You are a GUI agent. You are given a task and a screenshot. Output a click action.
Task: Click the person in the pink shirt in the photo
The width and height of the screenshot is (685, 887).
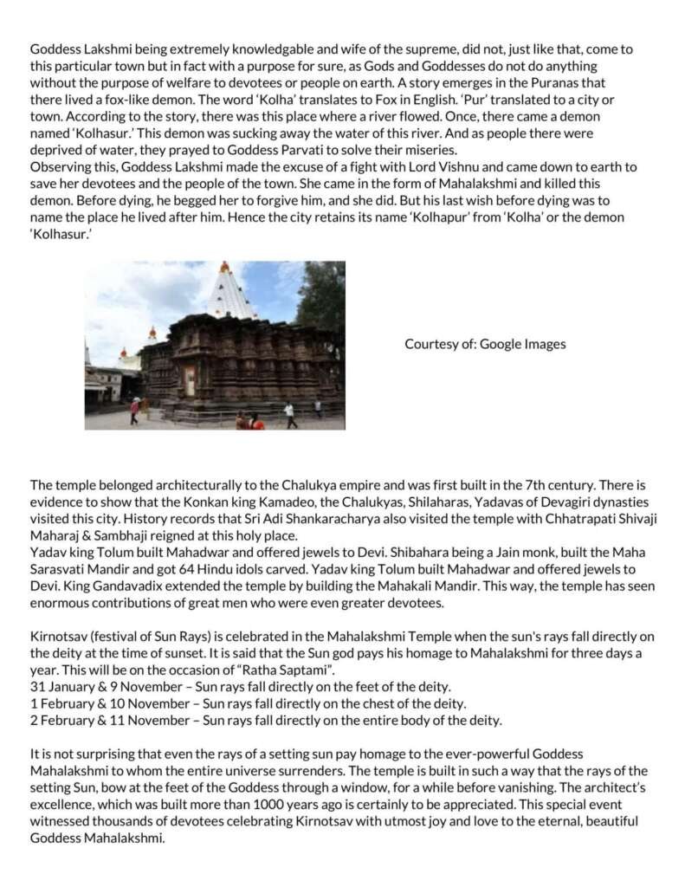(x=135, y=409)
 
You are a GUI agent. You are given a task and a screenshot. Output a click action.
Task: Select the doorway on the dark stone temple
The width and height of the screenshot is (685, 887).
(x=190, y=381)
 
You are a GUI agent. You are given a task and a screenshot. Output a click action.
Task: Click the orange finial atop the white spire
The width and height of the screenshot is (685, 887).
(x=224, y=267)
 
